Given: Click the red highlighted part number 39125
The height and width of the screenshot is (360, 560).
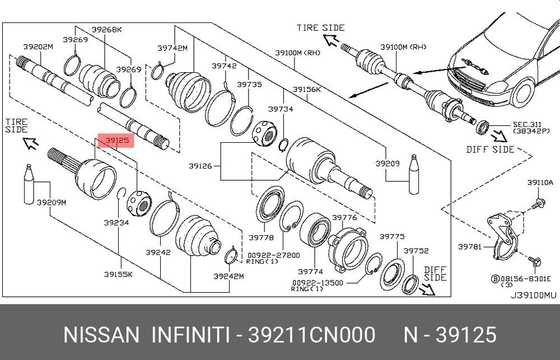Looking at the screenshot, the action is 116,141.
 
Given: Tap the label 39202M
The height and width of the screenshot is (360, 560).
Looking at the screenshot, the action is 38,47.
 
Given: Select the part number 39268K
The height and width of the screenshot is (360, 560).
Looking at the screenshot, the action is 107,30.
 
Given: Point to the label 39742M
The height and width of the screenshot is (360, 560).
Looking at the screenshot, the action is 172,48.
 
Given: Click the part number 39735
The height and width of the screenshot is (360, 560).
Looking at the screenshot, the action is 249,85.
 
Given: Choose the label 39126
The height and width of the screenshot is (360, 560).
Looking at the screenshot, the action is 200,166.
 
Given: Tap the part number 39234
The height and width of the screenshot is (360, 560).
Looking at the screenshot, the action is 116,223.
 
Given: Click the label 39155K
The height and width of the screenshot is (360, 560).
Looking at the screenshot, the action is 119,274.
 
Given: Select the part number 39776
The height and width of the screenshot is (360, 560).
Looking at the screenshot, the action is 344,217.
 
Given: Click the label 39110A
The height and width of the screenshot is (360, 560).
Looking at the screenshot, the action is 540,183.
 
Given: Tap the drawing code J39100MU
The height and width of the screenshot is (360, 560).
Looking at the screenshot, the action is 533,296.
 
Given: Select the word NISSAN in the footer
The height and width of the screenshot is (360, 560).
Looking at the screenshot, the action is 101,335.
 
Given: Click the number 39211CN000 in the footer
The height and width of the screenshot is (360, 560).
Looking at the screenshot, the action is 312,335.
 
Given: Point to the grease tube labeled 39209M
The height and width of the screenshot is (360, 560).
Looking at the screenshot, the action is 29,184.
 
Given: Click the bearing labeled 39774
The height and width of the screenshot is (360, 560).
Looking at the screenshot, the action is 315,231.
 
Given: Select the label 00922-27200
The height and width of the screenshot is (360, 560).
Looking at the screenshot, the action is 274,255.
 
